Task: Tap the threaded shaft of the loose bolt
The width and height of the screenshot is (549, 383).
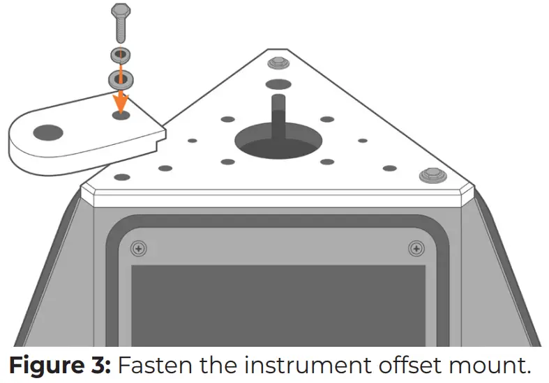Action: (121, 31)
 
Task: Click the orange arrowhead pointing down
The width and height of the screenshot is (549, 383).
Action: (121, 102)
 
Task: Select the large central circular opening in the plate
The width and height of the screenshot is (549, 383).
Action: (278, 143)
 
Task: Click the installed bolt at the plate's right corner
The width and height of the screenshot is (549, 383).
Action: (430, 175)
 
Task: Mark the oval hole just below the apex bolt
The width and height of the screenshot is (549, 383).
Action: (278, 84)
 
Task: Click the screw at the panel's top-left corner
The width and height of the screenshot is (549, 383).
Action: (140, 248)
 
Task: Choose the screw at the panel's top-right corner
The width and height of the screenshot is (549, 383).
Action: (416, 248)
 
